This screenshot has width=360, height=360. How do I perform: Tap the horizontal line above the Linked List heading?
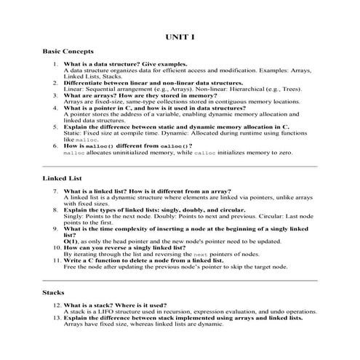pyautogui.click(x=180, y=166)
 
